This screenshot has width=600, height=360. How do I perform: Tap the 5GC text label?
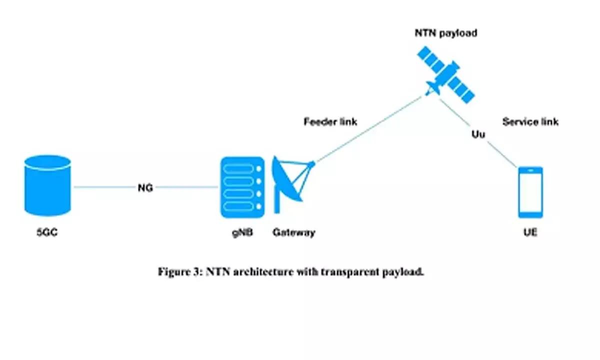[x=47, y=232]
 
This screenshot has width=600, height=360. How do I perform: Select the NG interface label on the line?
[x=145, y=188]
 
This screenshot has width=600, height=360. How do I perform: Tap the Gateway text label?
[x=293, y=232]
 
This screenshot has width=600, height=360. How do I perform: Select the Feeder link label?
[x=330, y=121]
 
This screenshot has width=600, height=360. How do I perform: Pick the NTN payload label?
[x=445, y=33]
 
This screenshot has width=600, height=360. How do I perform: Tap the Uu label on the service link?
[x=478, y=134]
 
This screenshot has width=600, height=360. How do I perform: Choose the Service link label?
[x=530, y=121]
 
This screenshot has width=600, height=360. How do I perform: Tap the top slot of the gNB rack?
[x=239, y=168]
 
